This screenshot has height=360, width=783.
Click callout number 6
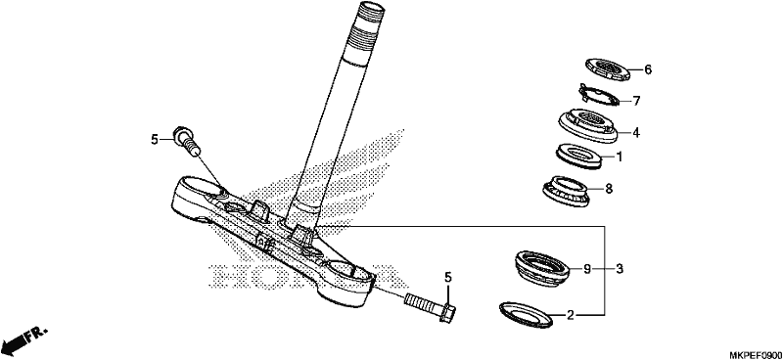point(648,69)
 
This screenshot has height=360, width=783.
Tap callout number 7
point(636,102)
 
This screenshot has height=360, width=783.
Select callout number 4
point(635,133)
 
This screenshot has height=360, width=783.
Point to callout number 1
point(620,157)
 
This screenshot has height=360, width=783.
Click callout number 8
point(608,189)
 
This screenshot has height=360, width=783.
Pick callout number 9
point(587,270)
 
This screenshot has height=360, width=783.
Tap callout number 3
point(620,270)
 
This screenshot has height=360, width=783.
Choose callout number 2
point(571,315)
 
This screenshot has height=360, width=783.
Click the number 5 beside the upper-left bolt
point(155,140)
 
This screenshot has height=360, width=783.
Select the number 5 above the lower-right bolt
point(448,277)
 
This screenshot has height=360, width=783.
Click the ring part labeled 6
point(607,68)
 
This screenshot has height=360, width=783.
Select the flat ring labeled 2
point(526,314)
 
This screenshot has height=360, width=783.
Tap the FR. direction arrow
point(23,339)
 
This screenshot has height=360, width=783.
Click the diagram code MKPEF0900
point(756,355)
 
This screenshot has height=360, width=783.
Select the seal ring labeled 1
point(578,157)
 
